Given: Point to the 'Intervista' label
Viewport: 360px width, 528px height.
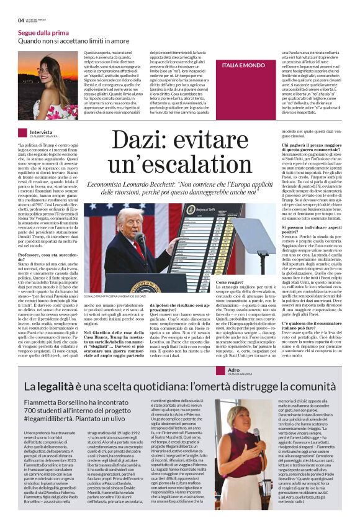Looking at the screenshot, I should click(x=41, y=132).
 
